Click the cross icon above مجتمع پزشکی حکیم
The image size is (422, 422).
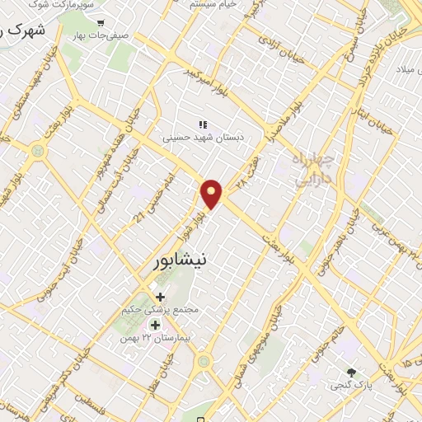point(160,297)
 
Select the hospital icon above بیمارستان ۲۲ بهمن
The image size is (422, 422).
point(155,325)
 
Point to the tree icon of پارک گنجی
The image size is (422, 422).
point(353,373)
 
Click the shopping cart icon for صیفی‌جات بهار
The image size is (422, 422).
point(101,24)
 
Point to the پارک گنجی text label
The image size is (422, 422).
point(352,386)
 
